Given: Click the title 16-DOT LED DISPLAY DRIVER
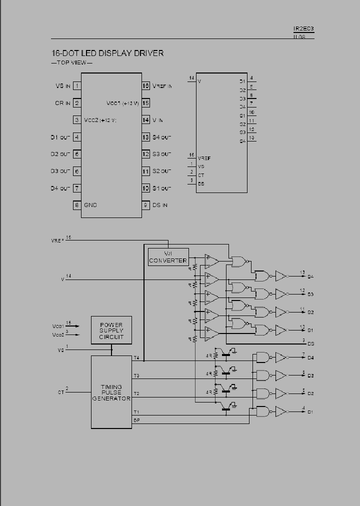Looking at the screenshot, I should point(107,53).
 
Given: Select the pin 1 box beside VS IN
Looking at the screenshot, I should point(77,86).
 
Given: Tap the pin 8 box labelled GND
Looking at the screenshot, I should point(77,205).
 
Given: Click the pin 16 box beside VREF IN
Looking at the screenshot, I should point(146,86).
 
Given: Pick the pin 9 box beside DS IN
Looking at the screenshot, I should point(146,205).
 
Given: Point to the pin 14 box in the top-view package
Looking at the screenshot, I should point(146,120).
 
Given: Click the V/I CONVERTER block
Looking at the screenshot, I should point(168,257).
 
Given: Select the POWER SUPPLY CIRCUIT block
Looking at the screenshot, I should point(111,330).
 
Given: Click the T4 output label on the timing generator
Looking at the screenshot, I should point(136,357).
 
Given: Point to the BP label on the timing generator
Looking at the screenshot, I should point(136,420).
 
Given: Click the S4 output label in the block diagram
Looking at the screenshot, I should point(310,276).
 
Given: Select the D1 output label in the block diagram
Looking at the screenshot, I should point(310,412).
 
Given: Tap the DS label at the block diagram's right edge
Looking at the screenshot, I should point(310,344).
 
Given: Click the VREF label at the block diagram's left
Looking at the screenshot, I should point(57,240).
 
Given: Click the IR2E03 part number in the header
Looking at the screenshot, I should point(303,29).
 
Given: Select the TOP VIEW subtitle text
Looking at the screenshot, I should point(72,62).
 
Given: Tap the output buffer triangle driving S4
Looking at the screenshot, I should point(281,276).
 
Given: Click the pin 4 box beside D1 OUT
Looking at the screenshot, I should point(77,137).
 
